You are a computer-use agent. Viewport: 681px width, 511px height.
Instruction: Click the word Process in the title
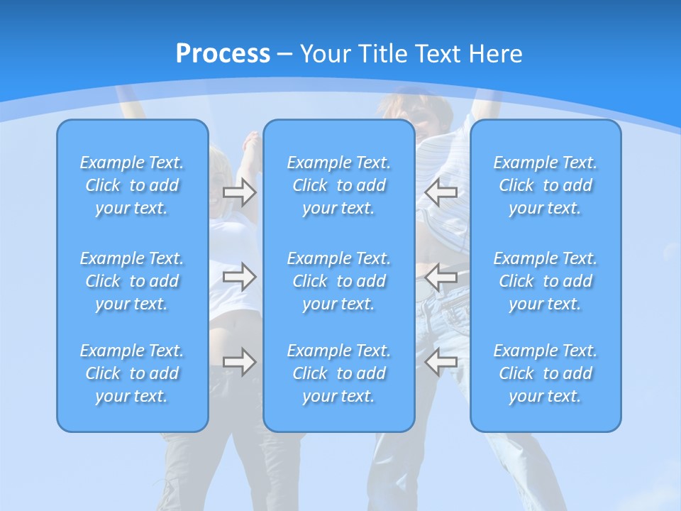coord(223,54)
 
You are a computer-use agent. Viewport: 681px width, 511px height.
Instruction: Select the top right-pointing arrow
coord(239,192)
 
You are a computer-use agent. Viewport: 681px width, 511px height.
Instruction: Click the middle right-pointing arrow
coord(239,276)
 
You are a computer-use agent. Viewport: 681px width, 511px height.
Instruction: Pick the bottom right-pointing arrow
coord(239,362)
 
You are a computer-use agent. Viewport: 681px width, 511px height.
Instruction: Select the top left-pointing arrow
coord(441,192)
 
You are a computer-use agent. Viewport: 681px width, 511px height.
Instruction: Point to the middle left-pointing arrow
coord(441,276)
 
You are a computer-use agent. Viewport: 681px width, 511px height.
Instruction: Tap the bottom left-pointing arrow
coord(441,362)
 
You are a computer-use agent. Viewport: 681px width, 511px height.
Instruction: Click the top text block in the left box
coord(132,185)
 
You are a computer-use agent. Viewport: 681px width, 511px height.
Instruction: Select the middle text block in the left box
coord(132,281)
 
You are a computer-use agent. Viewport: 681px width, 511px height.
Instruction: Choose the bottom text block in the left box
coord(132,373)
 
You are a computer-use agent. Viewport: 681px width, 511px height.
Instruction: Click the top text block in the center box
coord(338,185)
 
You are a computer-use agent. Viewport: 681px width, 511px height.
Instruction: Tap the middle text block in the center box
coord(338,281)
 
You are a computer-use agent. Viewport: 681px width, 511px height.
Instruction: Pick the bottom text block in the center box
coord(338,373)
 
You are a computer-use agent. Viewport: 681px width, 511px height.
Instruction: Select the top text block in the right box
coord(545,185)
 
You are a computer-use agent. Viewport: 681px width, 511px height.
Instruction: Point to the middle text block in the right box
coord(545,281)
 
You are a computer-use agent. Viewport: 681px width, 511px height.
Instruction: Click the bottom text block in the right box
coord(545,373)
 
